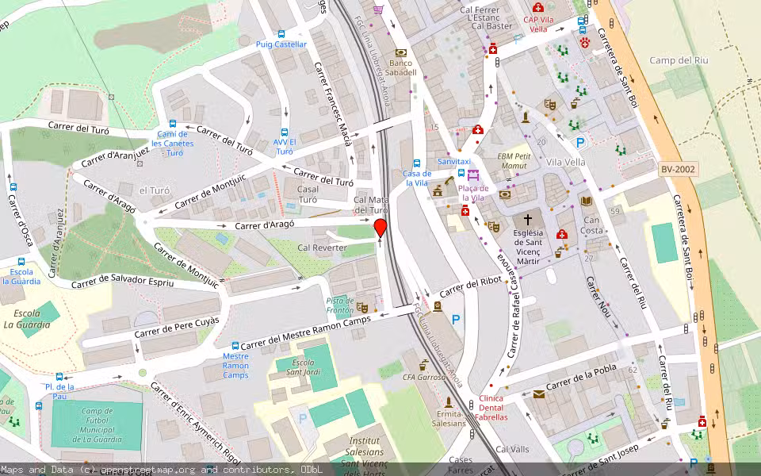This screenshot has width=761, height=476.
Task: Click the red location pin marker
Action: pyautogui.click(x=380, y=229)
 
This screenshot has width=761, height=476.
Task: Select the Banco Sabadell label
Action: pyautogui.click(x=403, y=67)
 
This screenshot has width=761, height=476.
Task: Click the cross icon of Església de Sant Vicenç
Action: pyautogui.click(x=528, y=219)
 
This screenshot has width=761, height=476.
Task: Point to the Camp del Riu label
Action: pyautogui.click(x=678, y=60)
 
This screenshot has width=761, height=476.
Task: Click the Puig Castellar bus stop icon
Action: pyautogui.click(x=281, y=34)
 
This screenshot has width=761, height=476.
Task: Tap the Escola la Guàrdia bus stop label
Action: pyautogui.click(x=21, y=275)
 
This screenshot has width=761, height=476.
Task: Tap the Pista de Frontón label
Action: pyautogui.click(x=340, y=305)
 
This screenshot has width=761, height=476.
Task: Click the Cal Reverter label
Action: pyautogui.click(x=322, y=248)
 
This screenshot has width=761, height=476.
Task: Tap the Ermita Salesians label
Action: pyautogui.click(x=449, y=418)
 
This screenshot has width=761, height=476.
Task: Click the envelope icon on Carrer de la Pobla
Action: pyautogui.click(x=539, y=393)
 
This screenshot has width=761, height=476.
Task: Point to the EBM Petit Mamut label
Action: pyautogui.click(x=513, y=162)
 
